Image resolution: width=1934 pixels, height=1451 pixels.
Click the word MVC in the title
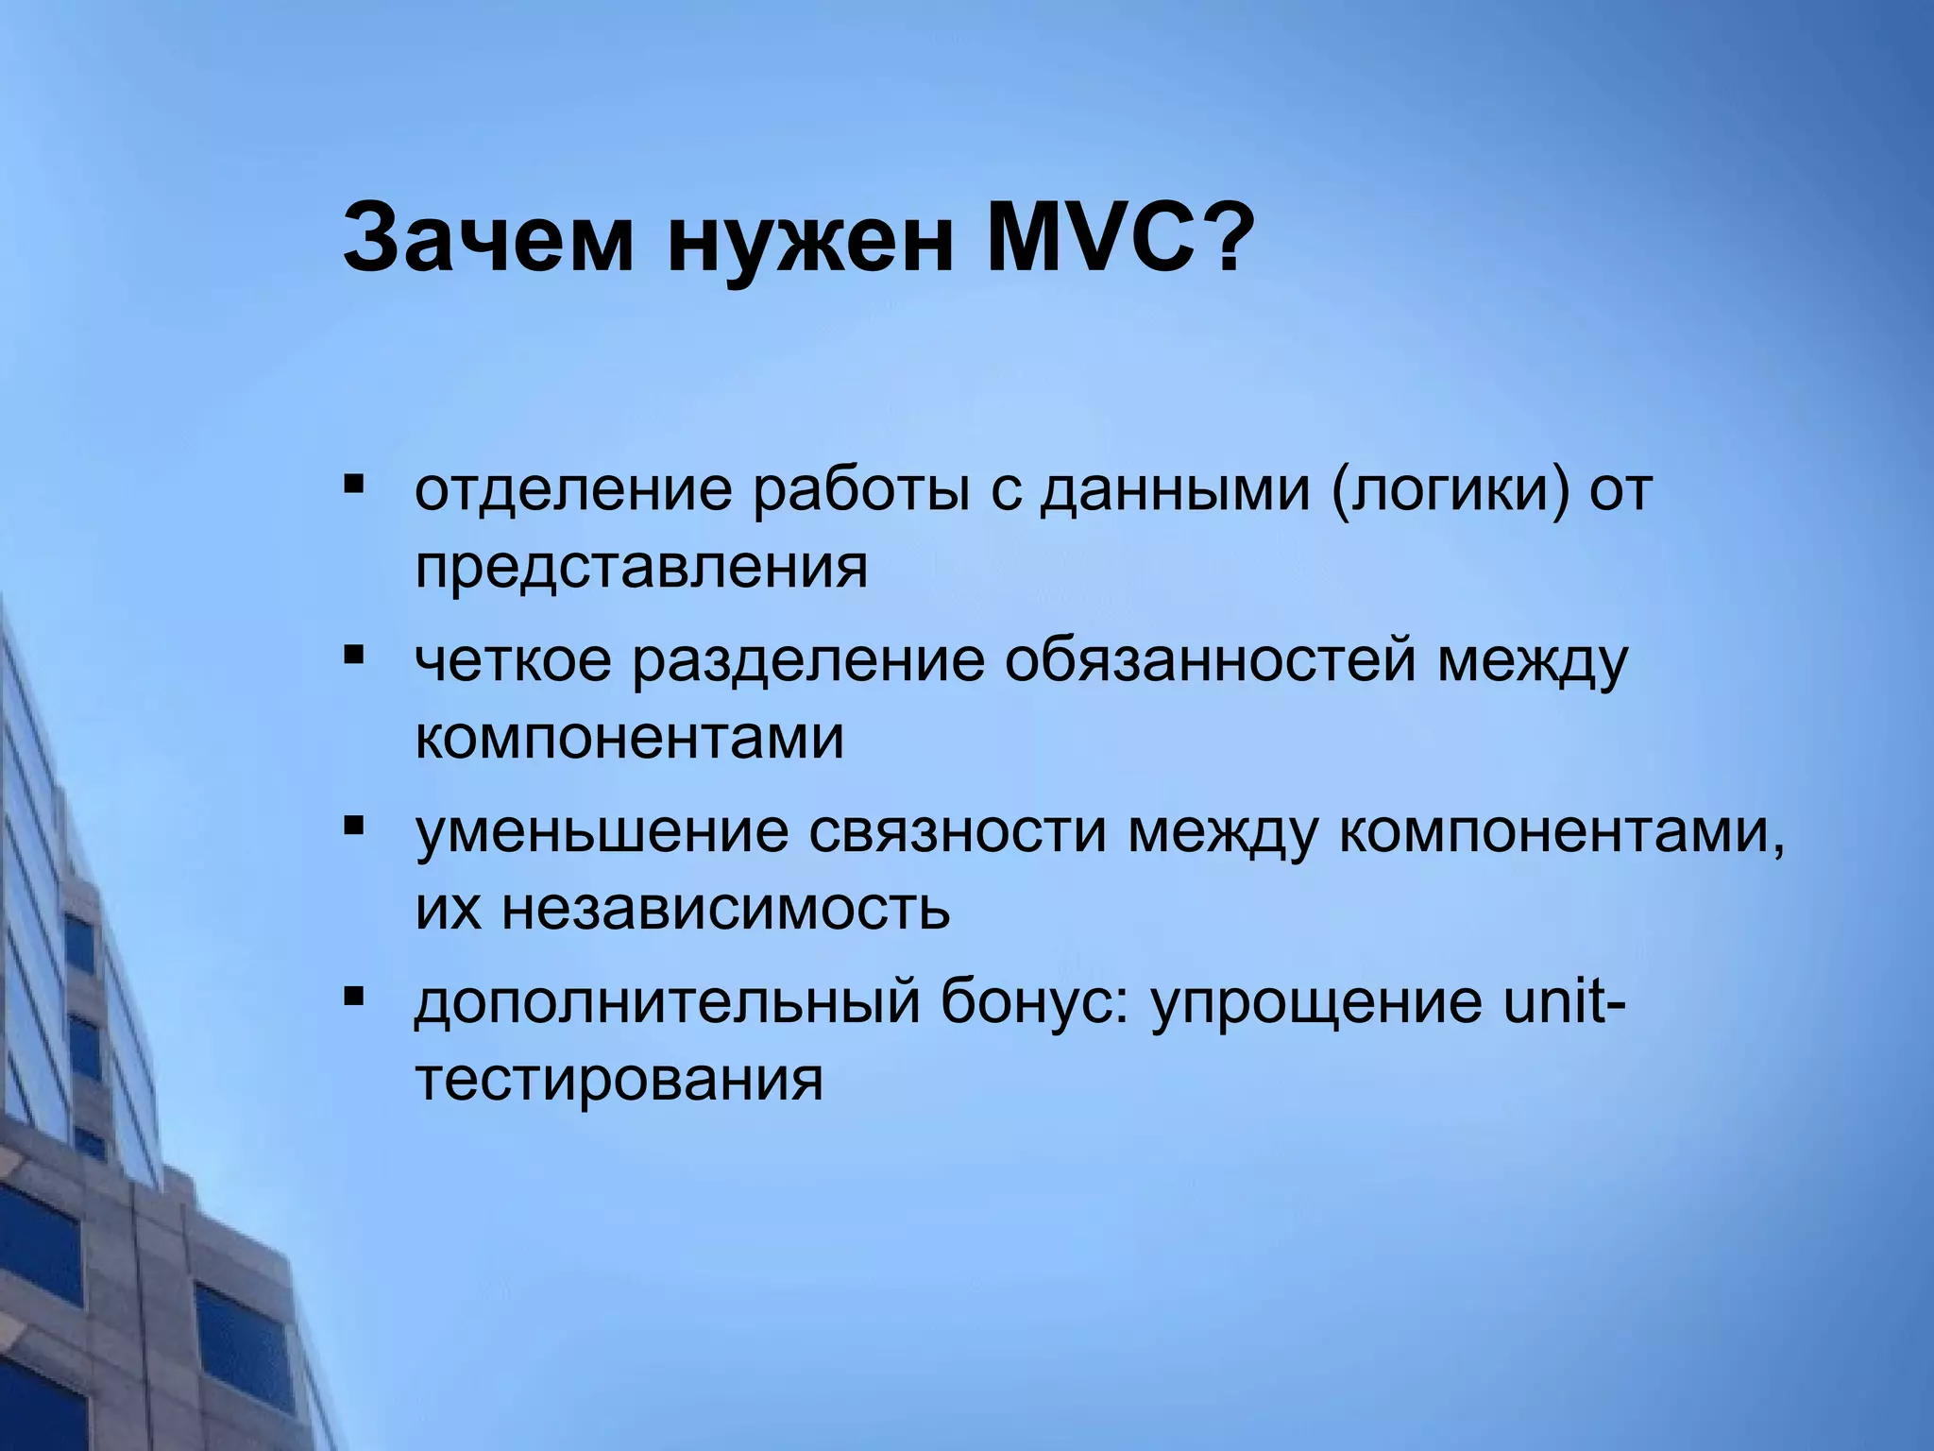(x=1094, y=236)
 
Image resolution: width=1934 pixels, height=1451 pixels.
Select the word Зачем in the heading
(x=487, y=236)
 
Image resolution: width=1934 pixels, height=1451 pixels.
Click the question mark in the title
(x=1225, y=236)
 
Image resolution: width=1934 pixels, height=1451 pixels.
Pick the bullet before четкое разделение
(x=354, y=655)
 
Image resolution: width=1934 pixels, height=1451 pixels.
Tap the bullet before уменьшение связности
(x=354, y=828)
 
